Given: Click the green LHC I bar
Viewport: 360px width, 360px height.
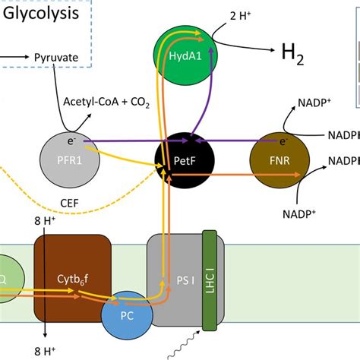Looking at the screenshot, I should tap(210, 280).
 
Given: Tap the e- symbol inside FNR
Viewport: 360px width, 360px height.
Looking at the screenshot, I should tap(284, 140).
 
